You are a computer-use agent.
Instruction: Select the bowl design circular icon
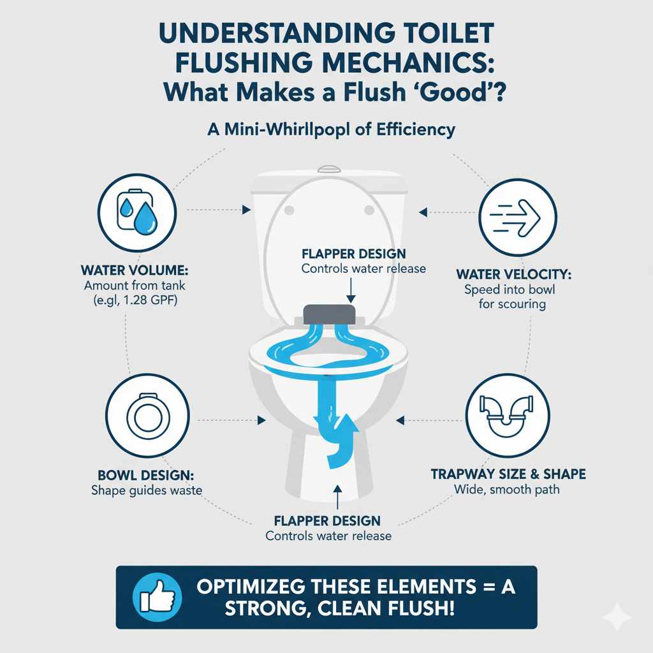(147, 415)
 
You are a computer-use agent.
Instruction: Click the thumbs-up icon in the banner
(154, 597)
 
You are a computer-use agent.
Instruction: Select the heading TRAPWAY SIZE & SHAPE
(508, 475)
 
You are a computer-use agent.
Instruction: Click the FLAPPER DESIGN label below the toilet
(328, 521)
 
